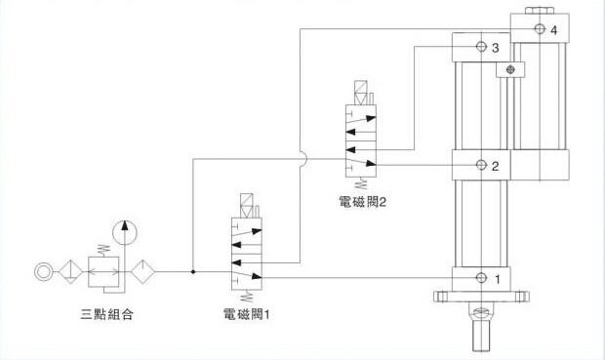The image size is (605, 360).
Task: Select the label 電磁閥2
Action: pos(362,204)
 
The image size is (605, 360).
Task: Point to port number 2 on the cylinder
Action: pos(496,165)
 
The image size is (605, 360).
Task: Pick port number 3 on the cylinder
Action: pos(496,48)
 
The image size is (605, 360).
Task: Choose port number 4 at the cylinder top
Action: pos(553,31)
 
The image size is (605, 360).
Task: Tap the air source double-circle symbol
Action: pos(44,271)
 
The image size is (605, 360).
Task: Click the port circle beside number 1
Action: pos(480,278)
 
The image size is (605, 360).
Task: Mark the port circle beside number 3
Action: pos(480,47)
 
